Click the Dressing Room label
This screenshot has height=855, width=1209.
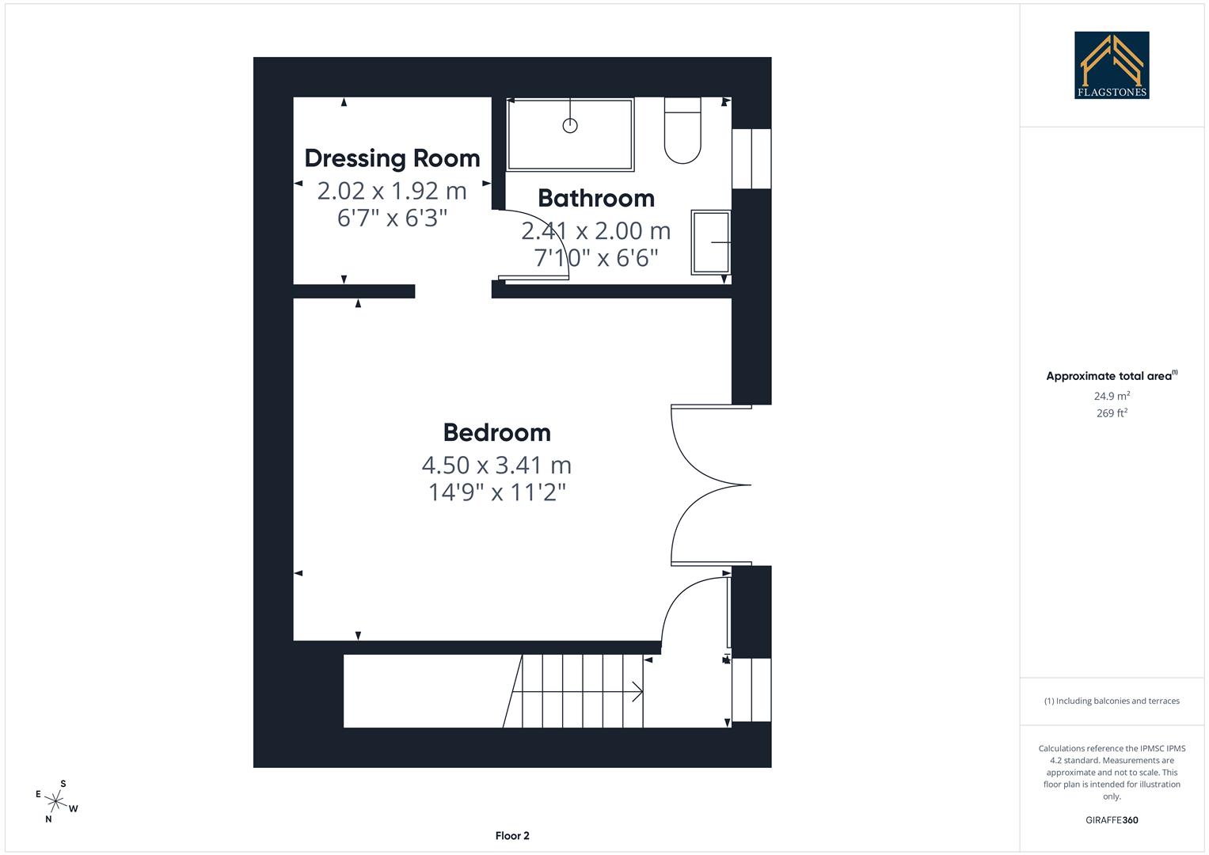[392, 158]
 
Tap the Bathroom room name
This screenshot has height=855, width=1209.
[596, 198]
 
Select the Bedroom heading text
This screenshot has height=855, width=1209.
[496, 432]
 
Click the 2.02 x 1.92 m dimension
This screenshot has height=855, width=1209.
[392, 191]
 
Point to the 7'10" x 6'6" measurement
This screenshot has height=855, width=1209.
[596, 258]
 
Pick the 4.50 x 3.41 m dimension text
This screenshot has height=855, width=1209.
[496, 465]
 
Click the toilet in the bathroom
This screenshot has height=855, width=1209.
[682, 131]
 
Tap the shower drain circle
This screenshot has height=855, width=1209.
[570, 125]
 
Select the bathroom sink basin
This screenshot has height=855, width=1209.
[711, 242]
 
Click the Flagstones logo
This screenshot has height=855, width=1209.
[1112, 65]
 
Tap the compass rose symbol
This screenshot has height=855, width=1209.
[55, 802]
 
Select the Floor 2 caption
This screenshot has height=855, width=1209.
[512, 836]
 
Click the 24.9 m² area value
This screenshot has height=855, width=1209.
[1112, 396]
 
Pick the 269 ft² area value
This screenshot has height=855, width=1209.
[1112, 413]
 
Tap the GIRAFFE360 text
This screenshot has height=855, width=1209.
[1112, 820]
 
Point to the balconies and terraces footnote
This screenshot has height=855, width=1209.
[1112, 701]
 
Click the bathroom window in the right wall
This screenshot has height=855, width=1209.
[751, 159]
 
